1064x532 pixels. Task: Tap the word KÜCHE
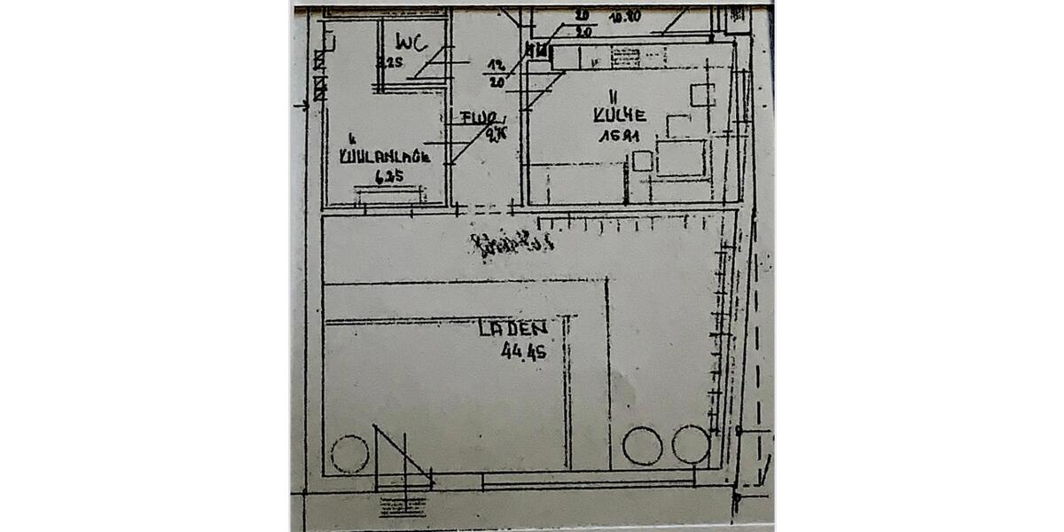coord(620,115)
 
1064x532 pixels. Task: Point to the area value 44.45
coord(523,351)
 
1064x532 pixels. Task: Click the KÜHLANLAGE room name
coord(385,158)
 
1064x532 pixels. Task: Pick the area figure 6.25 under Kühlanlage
coord(388,176)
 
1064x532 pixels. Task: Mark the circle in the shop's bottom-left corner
coord(349,455)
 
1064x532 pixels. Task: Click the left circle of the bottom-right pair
coord(642,445)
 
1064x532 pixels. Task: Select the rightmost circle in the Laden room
coord(691,445)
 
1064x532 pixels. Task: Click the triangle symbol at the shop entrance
coord(399,458)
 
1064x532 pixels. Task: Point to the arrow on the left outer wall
coord(301,105)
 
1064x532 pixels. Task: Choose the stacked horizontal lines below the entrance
coord(403,505)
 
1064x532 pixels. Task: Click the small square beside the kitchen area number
coord(642,161)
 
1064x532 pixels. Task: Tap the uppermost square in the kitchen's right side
coord(703,94)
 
